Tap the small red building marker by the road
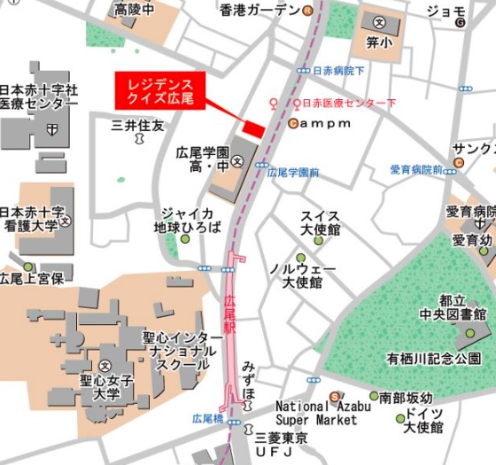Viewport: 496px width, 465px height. point(254,129)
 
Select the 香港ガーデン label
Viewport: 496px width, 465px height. point(259,11)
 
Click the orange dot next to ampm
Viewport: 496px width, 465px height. point(292,123)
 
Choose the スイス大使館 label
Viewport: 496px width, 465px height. point(320,222)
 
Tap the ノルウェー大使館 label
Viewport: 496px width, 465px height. point(296,275)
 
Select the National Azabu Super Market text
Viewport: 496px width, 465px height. point(302,412)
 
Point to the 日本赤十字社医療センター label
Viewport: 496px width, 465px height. point(39,97)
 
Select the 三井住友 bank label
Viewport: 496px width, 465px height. point(137,127)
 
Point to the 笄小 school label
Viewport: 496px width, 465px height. point(379,39)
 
